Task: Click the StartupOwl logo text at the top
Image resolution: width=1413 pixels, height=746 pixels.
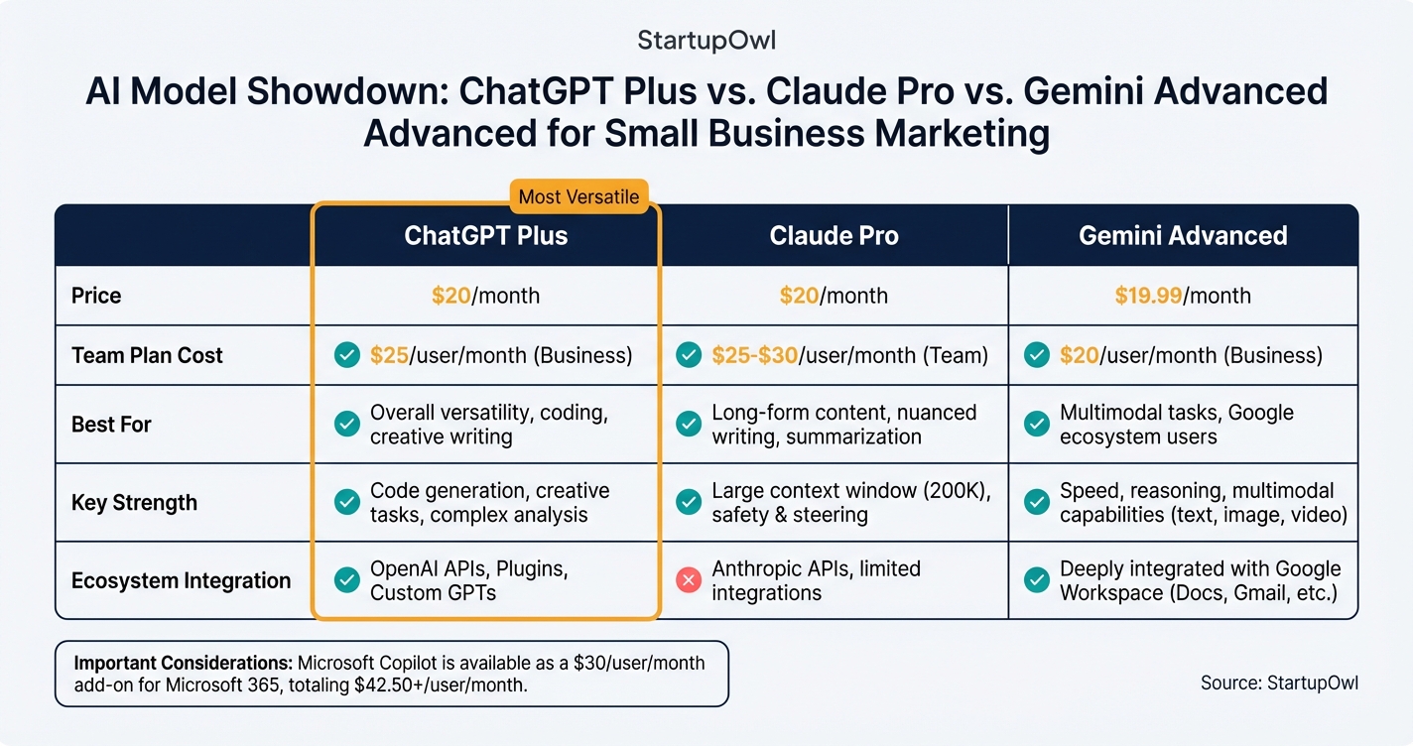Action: click(x=706, y=41)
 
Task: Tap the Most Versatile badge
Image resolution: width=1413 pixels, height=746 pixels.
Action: click(x=578, y=196)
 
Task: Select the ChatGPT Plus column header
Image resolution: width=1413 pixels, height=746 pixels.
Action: click(x=485, y=236)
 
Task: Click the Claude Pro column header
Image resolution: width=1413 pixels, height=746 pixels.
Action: click(x=834, y=236)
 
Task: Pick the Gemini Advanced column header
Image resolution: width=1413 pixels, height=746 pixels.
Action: click(x=1183, y=236)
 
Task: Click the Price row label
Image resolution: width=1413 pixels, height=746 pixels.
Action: click(x=96, y=296)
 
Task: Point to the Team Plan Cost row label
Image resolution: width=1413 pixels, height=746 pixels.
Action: click(x=147, y=355)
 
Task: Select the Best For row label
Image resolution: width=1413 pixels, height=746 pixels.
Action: click(x=111, y=425)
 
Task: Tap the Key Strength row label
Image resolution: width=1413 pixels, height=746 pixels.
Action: click(x=134, y=502)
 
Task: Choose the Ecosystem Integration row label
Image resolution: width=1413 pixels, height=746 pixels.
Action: click(x=181, y=580)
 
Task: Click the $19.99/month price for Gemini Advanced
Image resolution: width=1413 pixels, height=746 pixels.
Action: click(x=1148, y=296)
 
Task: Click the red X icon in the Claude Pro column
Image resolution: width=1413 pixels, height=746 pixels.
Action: click(x=688, y=580)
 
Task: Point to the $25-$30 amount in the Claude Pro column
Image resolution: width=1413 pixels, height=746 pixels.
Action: click(x=754, y=355)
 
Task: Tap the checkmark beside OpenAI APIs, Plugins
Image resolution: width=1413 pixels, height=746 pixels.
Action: click(x=346, y=580)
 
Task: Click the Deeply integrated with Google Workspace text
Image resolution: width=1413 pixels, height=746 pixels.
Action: click(x=1200, y=580)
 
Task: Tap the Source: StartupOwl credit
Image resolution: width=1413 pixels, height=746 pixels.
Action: click(x=1278, y=683)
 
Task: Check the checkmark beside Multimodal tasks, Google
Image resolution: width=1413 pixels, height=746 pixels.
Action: click(x=1036, y=425)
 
